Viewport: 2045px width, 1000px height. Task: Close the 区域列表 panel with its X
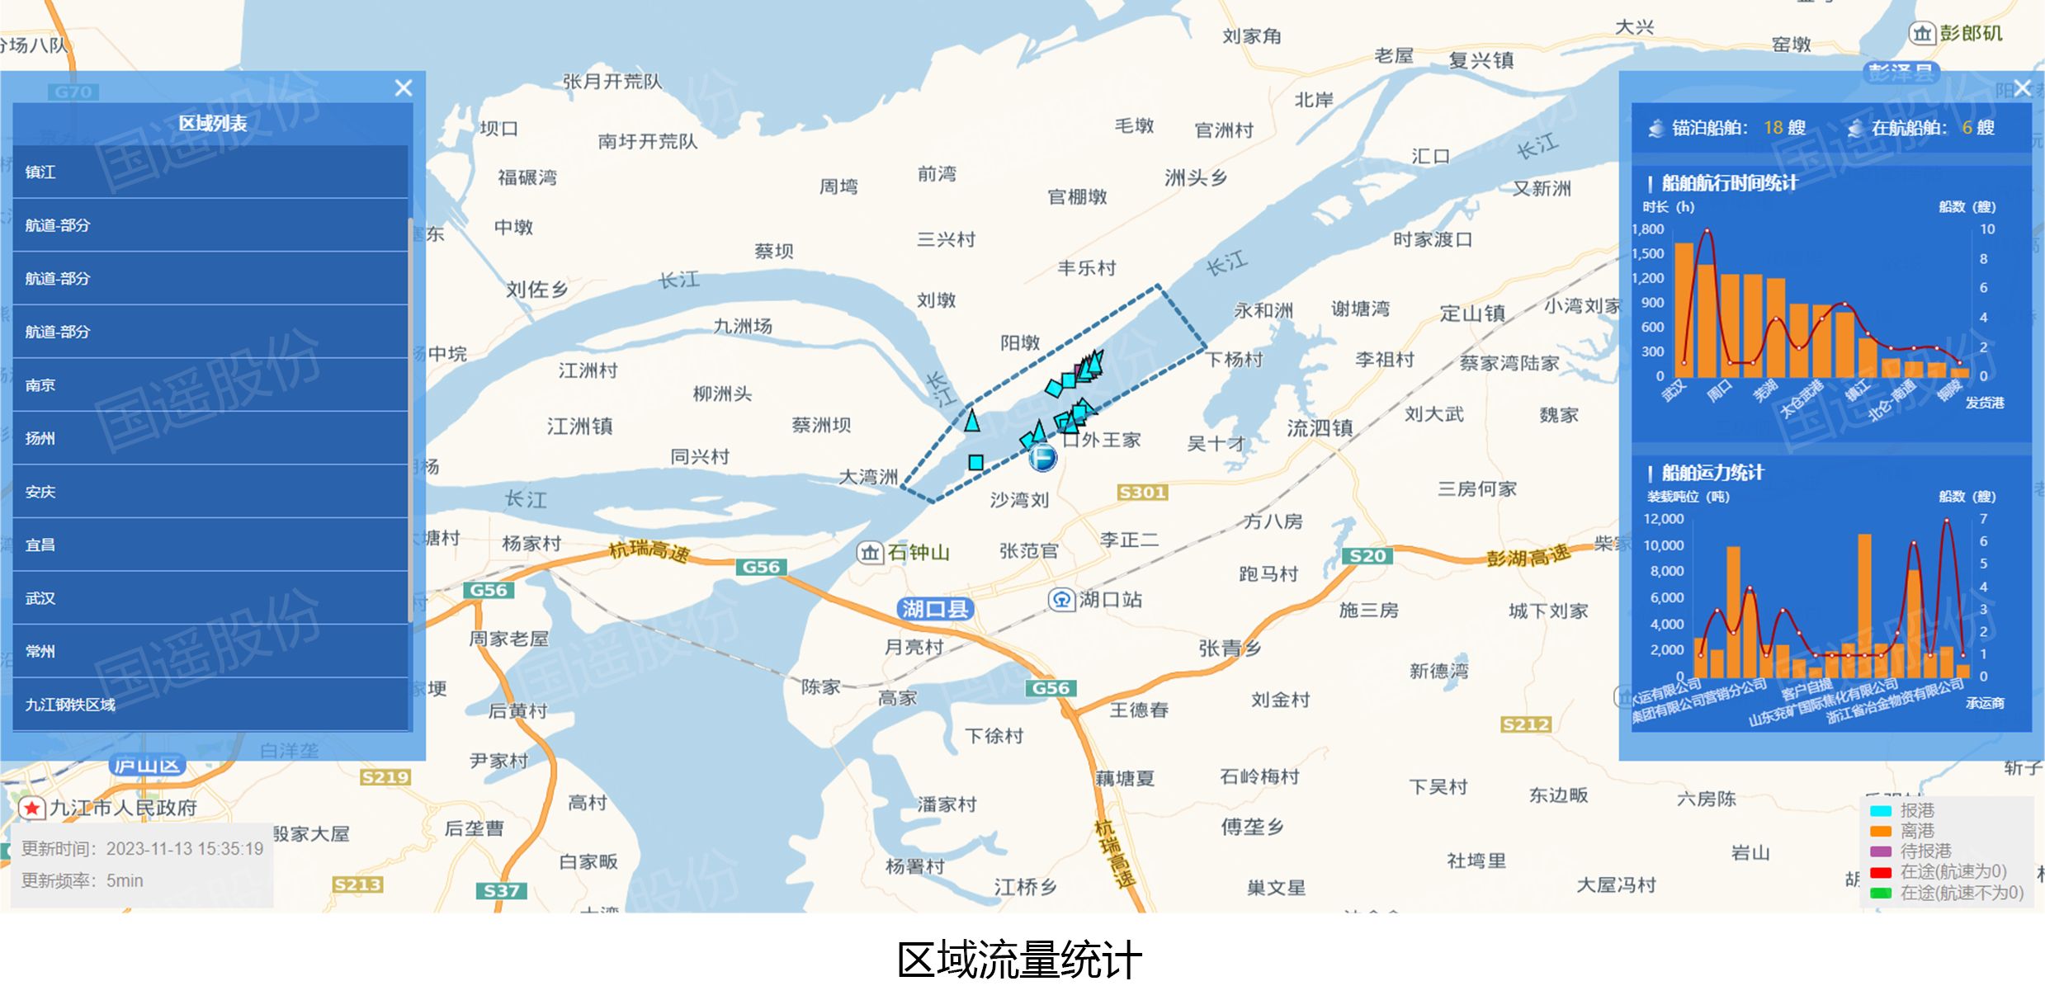coord(403,87)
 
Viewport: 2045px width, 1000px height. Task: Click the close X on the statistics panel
coord(2022,87)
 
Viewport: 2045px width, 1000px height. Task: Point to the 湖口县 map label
coord(934,609)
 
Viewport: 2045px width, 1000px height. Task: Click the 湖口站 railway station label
coord(1109,600)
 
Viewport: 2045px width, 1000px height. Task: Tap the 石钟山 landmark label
coord(918,552)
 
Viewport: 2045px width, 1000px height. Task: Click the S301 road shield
coord(1141,493)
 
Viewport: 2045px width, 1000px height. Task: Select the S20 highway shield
coord(1367,555)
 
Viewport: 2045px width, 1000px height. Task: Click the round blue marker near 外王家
coord(1042,457)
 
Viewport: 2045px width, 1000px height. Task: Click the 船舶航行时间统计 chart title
coord(1729,183)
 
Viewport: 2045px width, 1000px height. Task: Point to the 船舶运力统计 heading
coord(1712,473)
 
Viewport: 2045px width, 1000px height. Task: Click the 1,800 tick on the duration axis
coord(1648,229)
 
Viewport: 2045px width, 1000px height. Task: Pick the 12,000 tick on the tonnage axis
coord(1663,519)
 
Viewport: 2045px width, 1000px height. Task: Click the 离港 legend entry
coord(1916,831)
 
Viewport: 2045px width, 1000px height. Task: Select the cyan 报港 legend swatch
coord(1881,810)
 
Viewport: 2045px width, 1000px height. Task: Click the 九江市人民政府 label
coord(122,808)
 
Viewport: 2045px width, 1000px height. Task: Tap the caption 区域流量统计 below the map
coord(1020,960)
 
